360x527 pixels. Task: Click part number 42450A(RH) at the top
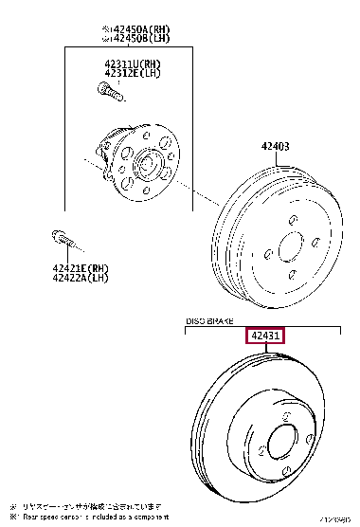tap(142, 30)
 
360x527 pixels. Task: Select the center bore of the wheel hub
tap(148, 166)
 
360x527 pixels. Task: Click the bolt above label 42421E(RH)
tap(59, 236)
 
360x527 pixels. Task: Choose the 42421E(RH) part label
tap(81, 268)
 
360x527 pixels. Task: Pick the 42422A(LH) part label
tap(81, 279)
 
